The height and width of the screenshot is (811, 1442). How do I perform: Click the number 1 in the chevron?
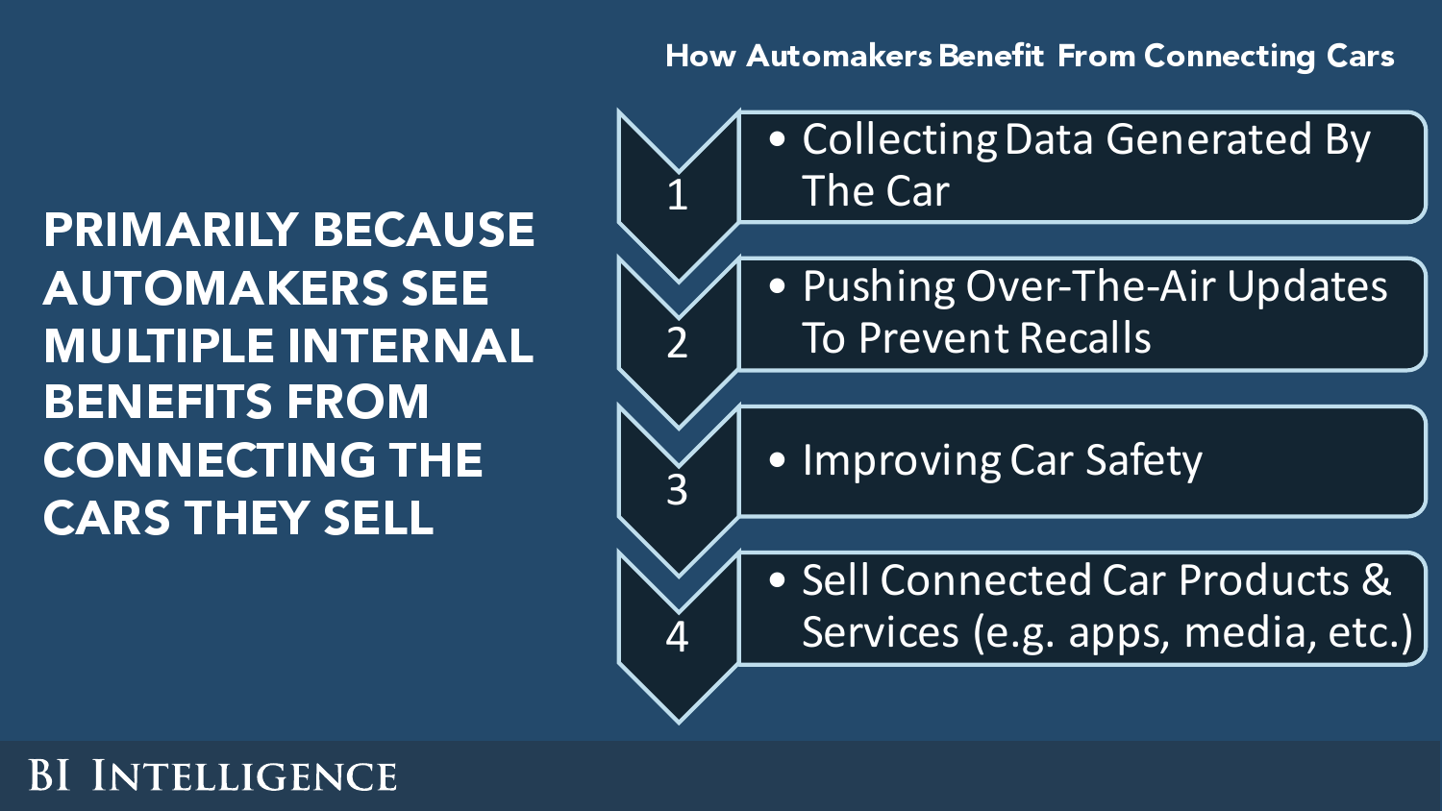[677, 194]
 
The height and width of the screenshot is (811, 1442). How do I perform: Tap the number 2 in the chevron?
[677, 342]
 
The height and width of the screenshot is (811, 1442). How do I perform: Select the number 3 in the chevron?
[677, 490]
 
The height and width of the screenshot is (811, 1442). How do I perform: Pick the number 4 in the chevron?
[677, 637]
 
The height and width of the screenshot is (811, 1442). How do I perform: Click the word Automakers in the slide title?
[839, 56]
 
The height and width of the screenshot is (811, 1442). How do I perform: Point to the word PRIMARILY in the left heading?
[170, 230]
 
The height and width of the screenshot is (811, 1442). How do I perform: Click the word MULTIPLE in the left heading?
[159, 346]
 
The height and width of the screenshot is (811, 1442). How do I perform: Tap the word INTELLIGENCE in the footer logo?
[244, 774]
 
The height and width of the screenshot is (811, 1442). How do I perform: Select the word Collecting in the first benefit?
[899, 140]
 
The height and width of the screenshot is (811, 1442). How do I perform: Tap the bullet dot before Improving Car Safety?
[778, 459]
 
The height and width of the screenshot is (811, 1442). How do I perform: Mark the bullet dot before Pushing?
[778, 285]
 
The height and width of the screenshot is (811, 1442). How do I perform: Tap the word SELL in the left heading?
[378, 518]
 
